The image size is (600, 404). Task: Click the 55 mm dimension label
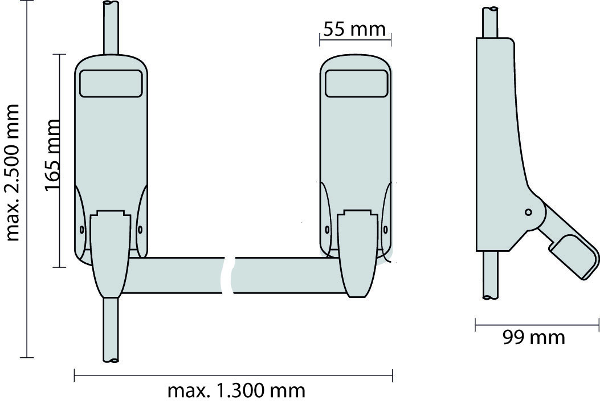point(354,29)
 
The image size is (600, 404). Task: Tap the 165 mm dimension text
point(52,155)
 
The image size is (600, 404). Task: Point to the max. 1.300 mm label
point(236,391)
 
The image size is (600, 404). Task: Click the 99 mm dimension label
point(534,337)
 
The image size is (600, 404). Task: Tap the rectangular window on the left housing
point(111,83)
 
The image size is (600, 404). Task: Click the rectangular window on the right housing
point(356,83)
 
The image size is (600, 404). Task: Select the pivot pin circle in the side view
point(528,212)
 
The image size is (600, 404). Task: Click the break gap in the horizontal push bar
point(229,275)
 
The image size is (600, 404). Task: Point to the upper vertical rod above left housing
point(111,27)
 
